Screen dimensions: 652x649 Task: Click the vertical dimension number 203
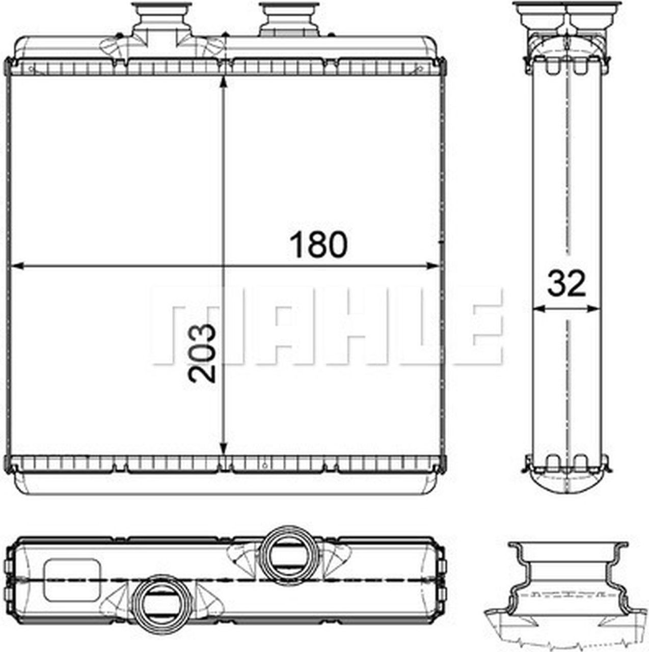pyautogui.click(x=202, y=353)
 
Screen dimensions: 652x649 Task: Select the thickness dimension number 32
pyautogui.click(x=566, y=284)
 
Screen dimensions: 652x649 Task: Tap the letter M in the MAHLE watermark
pyautogui.click(x=186, y=326)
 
